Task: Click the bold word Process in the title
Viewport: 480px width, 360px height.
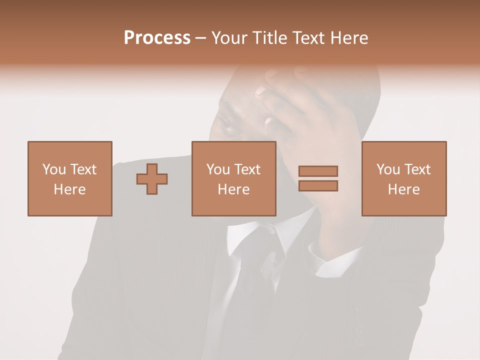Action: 157,38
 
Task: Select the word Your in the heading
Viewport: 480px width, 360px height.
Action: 229,38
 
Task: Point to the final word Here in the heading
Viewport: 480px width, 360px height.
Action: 349,38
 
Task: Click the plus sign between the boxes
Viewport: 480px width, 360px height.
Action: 152,179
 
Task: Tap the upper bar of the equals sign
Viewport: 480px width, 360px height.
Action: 318,171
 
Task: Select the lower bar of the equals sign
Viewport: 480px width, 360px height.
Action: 318,186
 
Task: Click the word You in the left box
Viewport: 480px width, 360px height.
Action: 54,169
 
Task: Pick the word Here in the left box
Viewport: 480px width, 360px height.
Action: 69,189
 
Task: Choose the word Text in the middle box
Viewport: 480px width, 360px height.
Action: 247,169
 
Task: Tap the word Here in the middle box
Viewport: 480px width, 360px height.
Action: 233,189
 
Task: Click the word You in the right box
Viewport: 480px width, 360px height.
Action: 388,169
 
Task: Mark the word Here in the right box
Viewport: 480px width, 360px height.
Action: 403,189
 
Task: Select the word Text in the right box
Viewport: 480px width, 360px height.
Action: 417,169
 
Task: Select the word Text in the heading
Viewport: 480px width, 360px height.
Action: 305,38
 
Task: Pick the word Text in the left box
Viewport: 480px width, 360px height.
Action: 83,169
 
